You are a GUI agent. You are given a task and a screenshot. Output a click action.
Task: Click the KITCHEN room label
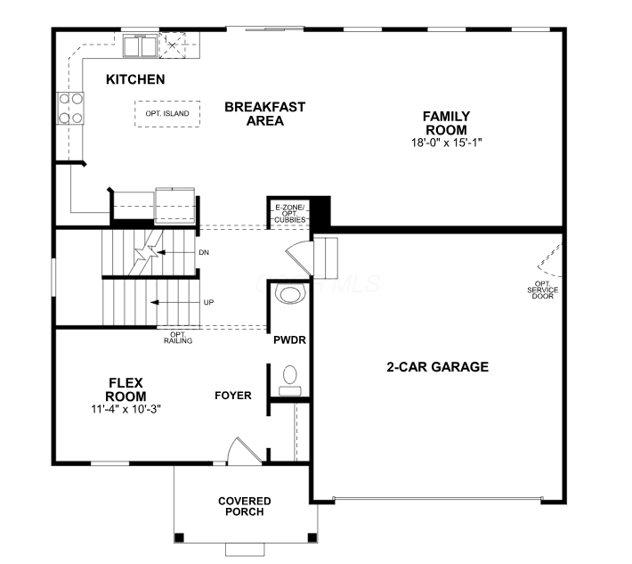[x=135, y=79]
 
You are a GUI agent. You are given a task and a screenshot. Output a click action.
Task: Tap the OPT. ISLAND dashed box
[x=167, y=114]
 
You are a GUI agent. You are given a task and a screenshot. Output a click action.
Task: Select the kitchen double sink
[x=140, y=46]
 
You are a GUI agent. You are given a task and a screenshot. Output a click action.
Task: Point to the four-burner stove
[x=70, y=109]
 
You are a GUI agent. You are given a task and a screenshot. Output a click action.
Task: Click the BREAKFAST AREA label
[x=264, y=114]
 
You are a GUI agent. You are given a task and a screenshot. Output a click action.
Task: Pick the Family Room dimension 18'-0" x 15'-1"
[x=447, y=143]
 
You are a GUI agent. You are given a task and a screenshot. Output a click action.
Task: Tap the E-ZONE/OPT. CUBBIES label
[x=290, y=214]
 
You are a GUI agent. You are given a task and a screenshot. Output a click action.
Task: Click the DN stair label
[x=204, y=252]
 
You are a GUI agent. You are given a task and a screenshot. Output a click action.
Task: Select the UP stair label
[x=208, y=302]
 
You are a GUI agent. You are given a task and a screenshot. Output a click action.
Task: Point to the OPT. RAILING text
[x=178, y=338]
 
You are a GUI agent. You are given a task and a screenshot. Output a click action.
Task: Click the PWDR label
[x=289, y=340]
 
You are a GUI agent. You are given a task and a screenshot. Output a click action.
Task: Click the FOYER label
[x=233, y=396]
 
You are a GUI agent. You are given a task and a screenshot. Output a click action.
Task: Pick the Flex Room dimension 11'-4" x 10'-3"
[x=126, y=409]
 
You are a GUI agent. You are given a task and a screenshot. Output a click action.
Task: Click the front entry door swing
[x=245, y=451]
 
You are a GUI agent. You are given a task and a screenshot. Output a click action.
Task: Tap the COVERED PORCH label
[x=244, y=506]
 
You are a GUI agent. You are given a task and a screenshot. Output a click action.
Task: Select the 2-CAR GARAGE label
[x=438, y=367]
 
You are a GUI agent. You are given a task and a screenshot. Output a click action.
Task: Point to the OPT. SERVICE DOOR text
[x=542, y=290]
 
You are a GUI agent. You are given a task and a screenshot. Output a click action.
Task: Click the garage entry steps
[x=326, y=257]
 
